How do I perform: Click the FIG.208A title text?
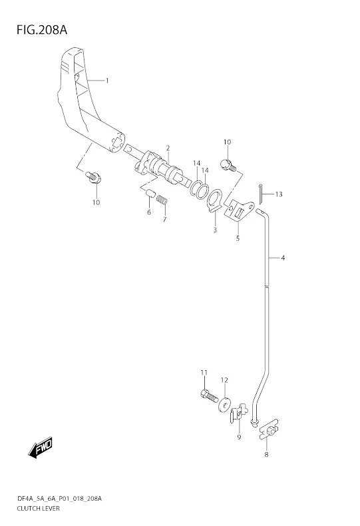click(42, 30)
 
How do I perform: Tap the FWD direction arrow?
click(40, 447)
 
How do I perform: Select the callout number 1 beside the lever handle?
click(107, 81)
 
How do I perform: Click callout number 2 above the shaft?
click(168, 148)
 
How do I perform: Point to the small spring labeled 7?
click(162, 199)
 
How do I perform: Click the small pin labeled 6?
click(150, 194)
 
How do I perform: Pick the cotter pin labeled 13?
click(261, 194)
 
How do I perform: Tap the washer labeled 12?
click(224, 404)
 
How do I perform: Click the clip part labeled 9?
click(238, 413)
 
